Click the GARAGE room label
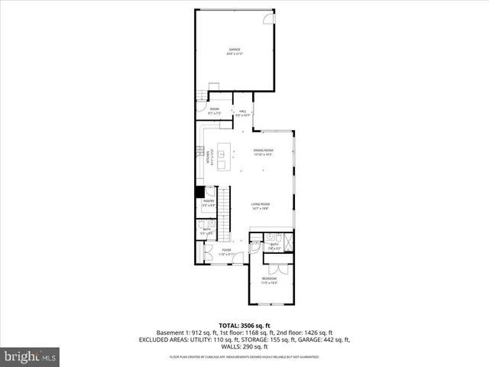click(234, 50)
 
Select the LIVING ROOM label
click(261, 204)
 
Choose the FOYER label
click(226, 250)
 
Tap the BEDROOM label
click(269, 278)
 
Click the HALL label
click(242, 112)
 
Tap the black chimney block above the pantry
click(199, 192)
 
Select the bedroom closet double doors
click(276, 268)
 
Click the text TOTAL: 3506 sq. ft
click(244, 326)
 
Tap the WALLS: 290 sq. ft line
click(244, 346)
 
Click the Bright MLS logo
click(31, 356)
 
